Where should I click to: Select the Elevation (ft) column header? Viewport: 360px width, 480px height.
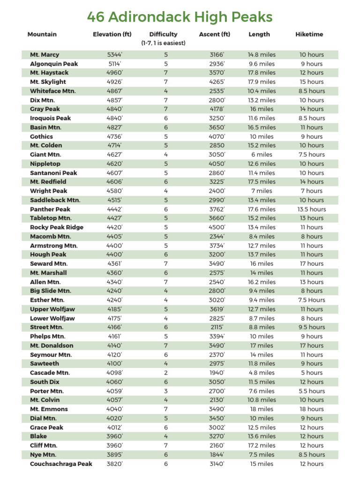[x=112, y=34]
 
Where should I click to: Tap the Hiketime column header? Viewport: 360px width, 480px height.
[x=309, y=34]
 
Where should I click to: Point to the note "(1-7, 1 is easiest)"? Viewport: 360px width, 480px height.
[x=163, y=43]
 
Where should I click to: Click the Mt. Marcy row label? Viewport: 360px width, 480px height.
[x=45, y=54]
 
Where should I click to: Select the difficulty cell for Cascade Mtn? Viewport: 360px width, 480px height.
[x=165, y=373]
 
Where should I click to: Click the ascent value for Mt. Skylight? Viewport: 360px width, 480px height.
[x=217, y=82]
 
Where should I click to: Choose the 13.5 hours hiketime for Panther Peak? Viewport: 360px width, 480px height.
[x=312, y=209]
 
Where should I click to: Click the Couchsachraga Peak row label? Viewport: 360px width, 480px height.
[x=61, y=464]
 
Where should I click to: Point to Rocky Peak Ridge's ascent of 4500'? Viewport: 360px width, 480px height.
[x=217, y=227]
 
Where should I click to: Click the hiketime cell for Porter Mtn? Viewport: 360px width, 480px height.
[x=312, y=391]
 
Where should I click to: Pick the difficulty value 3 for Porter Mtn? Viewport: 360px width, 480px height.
[x=165, y=391]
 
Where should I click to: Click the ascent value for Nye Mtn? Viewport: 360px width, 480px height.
[x=217, y=455]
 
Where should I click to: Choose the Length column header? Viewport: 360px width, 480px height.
[x=259, y=34]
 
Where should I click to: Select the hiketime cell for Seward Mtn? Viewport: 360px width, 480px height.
[x=312, y=263]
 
